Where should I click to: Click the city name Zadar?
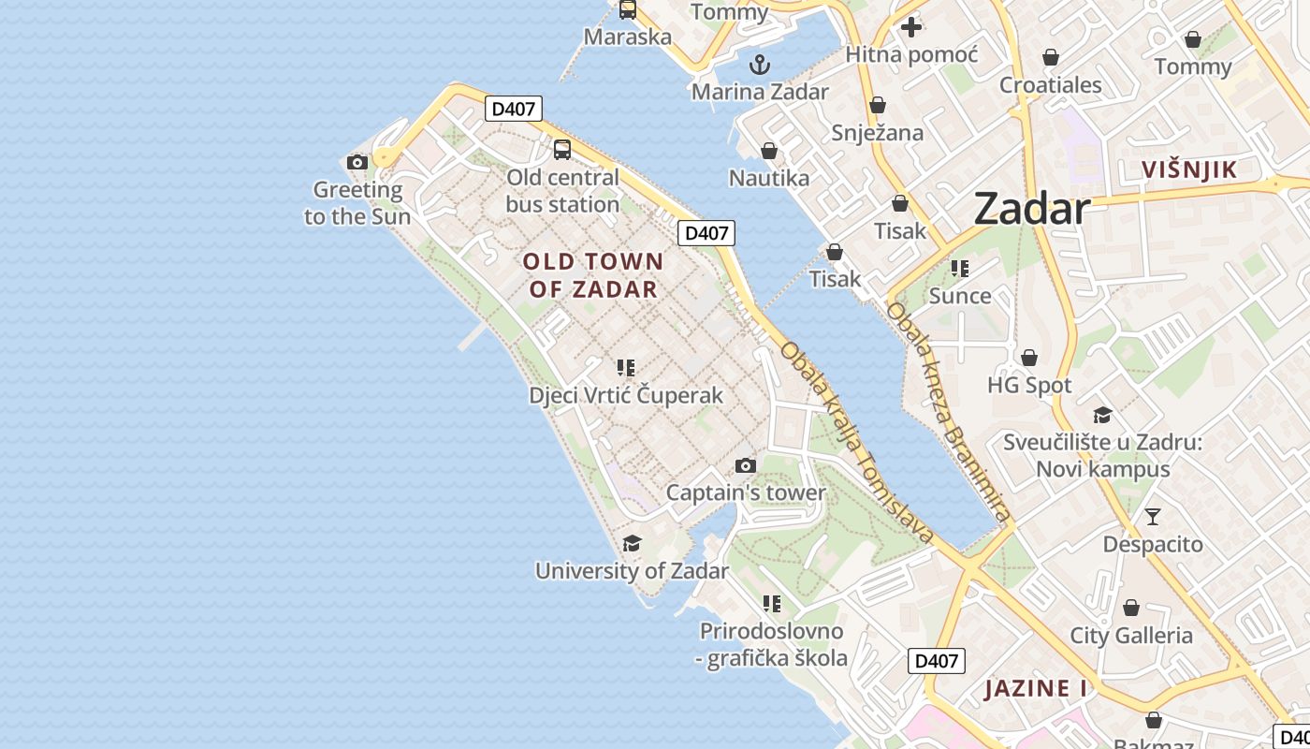point(1032,209)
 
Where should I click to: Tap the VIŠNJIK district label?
point(1189,169)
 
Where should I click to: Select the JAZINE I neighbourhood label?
point(1036,689)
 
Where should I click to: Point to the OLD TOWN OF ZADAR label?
point(593,275)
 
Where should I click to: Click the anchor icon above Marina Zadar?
point(760,65)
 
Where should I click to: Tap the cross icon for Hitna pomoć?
point(911,27)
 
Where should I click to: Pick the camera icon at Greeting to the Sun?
point(357,162)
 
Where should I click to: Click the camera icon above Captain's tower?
point(745,465)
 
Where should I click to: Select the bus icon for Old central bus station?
point(562,150)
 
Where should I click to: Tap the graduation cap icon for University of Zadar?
point(632,543)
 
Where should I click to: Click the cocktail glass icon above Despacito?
point(1153,516)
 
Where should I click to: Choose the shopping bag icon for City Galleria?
point(1130,608)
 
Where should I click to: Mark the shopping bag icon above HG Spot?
point(1029,358)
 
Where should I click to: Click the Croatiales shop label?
point(1051,85)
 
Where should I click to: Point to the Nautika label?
point(769,178)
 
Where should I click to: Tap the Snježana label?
point(878,133)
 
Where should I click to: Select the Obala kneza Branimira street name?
point(949,411)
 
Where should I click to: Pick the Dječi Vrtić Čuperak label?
point(626,395)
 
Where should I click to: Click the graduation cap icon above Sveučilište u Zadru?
point(1102,415)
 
